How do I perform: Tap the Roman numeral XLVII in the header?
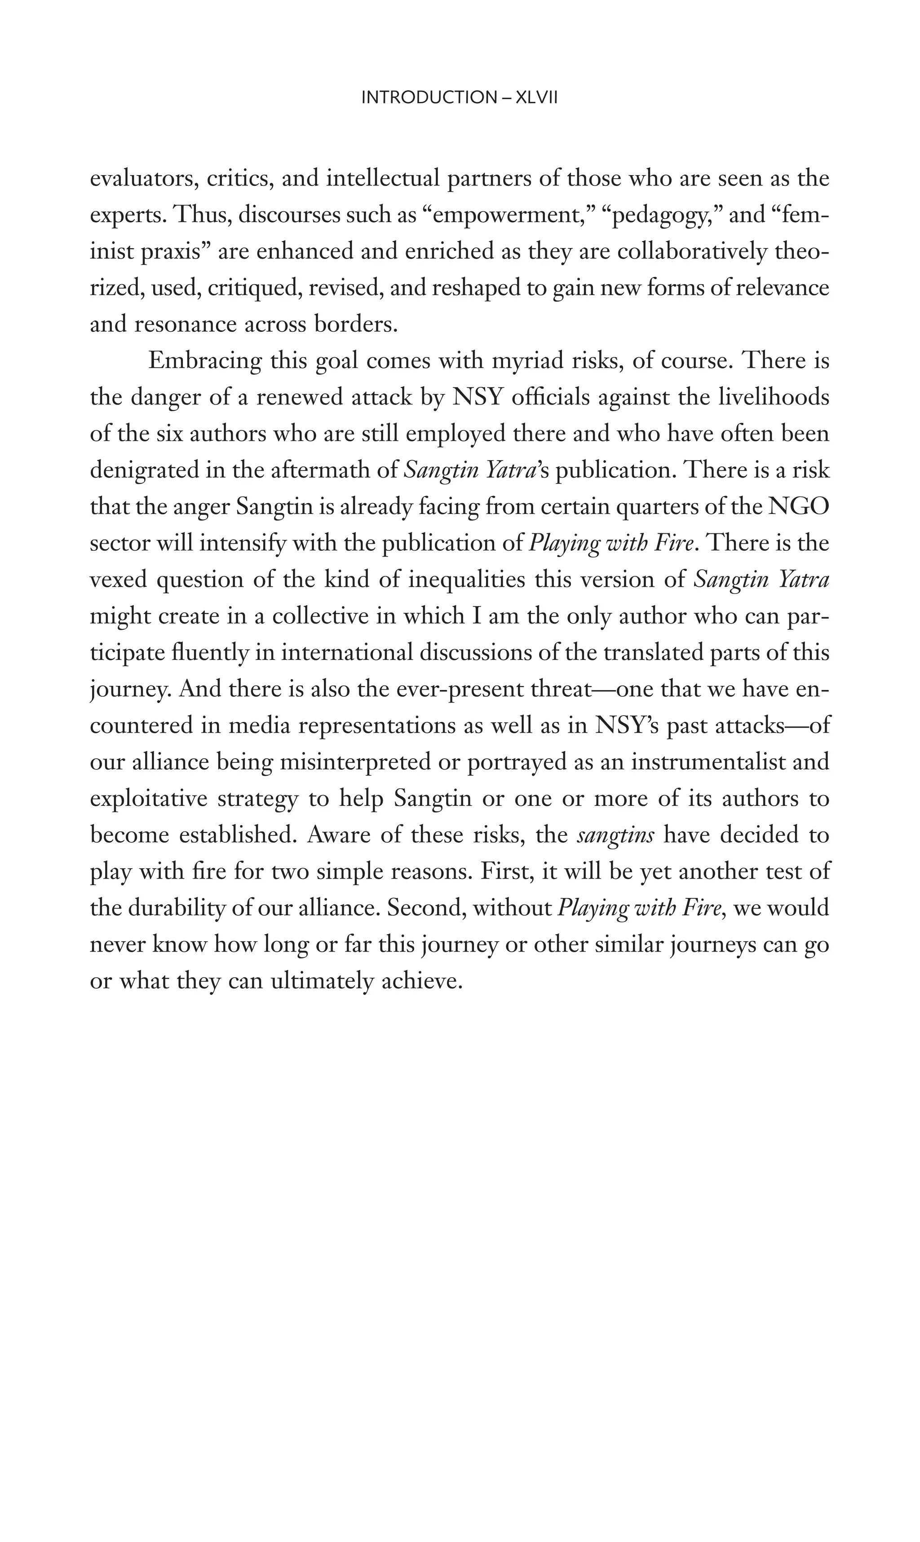point(537,98)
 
